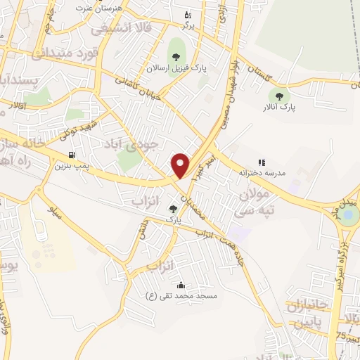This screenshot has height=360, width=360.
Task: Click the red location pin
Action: click(181, 164)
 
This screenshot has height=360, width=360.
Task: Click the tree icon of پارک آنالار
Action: click(280, 96)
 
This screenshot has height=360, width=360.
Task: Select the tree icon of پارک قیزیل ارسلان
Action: click(174, 56)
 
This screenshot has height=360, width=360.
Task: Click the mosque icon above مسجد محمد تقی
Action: click(181, 285)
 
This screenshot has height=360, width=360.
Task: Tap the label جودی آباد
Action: click(138, 144)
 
